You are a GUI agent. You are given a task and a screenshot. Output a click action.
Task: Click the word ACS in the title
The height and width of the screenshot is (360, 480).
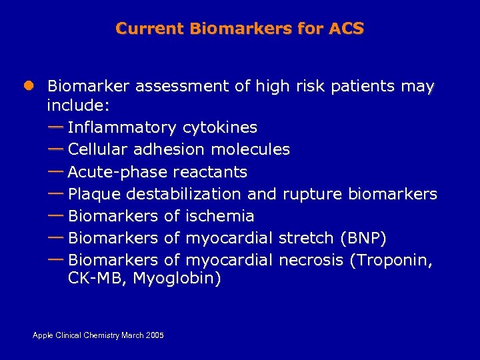coord(346,29)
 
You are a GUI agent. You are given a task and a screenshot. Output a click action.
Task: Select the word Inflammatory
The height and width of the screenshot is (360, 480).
coord(122,127)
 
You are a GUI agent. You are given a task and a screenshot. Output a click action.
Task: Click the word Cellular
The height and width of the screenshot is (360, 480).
coord(99,149)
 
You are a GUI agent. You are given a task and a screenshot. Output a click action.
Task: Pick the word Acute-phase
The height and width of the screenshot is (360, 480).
coord(117,172)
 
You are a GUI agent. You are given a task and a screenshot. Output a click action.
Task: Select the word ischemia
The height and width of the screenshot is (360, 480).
coord(220,216)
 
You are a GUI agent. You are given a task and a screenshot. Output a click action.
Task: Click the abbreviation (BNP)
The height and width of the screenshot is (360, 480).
coord(363,238)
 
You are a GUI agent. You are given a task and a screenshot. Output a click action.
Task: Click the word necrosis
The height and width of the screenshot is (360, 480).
coord(311,260)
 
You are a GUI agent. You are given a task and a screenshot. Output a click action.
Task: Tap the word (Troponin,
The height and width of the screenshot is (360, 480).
coord(391,260)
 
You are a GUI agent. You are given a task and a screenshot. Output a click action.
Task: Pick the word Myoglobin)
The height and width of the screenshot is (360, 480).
coord(177,279)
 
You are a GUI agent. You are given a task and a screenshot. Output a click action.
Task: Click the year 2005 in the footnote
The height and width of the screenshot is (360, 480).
coord(155,335)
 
